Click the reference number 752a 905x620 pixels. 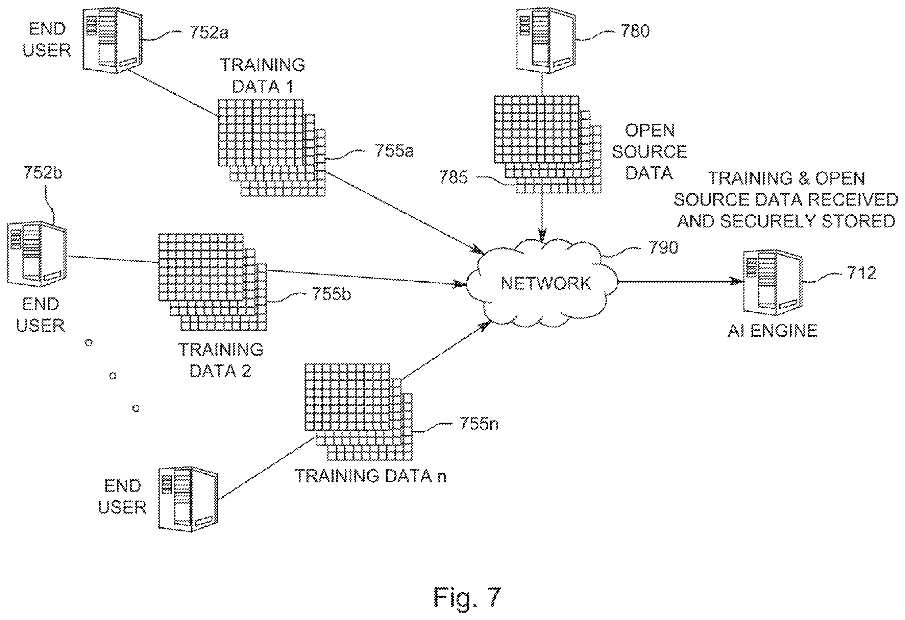[209, 32]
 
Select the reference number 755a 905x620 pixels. [394, 150]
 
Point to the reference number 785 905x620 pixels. [454, 177]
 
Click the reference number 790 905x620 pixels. [663, 247]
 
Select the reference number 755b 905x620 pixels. [332, 294]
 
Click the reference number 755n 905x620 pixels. [479, 423]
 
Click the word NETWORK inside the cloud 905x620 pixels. [546, 284]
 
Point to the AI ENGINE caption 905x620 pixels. [772, 331]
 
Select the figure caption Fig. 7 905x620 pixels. [467, 597]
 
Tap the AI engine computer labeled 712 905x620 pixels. [773, 282]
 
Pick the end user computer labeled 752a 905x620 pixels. [113, 40]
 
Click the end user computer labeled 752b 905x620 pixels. [37, 254]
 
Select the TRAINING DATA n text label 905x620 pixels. [371, 476]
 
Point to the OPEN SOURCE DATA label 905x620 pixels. [650, 151]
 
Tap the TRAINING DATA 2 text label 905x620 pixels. [220, 360]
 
